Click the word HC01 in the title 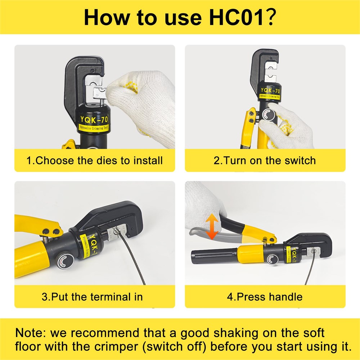tap(237, 17)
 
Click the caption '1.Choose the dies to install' tap(95, 161)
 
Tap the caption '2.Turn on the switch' tap(265, 161)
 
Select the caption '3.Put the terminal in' tap(92, 297)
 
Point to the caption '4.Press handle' tap(265, 297)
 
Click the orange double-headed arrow tap(212, 226)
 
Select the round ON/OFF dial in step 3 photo tap(64, 261)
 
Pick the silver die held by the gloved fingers tap(99, 93)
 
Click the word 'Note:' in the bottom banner tap(31, 333)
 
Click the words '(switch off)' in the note tap(174, 347)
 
